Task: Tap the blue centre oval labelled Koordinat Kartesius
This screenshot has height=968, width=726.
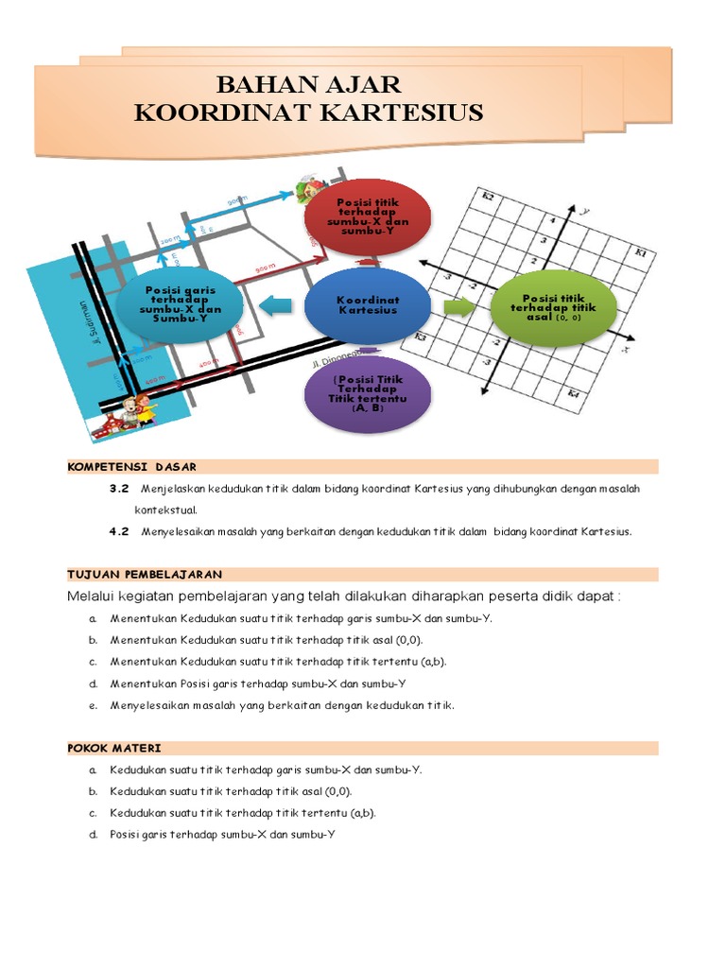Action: click(367, 305)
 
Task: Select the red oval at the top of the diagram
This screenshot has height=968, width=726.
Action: click(367, 216)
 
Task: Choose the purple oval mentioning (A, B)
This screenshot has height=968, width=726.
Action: click(367, 394)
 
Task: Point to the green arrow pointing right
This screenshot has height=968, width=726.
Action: click(459, 306)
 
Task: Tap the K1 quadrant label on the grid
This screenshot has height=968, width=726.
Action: click(641, 253)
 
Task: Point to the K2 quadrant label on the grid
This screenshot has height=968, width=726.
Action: click(488, 197)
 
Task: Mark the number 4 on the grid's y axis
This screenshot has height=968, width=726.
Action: click(555, 221)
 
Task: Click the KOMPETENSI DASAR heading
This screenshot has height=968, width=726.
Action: click(132, 467)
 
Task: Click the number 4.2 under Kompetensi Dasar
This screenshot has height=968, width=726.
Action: click(118, 531)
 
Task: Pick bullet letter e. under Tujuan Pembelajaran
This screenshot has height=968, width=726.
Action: click(93, 705)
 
